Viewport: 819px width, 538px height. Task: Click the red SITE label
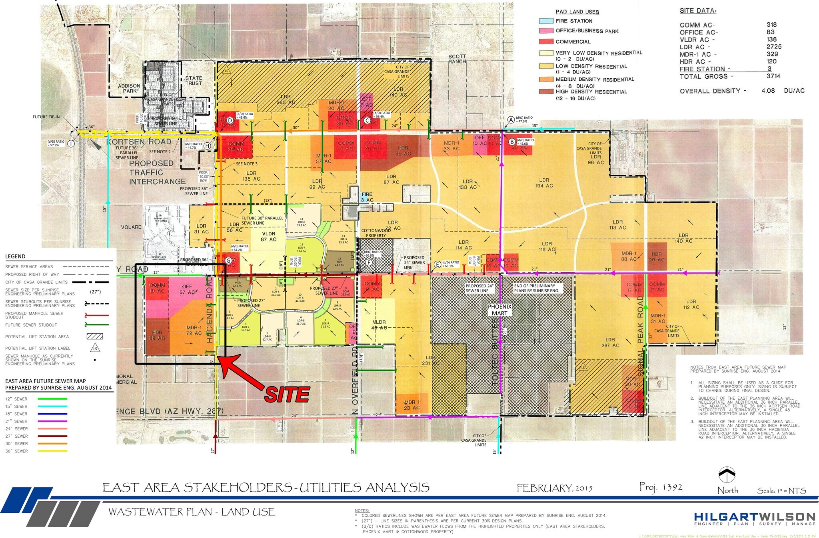287,395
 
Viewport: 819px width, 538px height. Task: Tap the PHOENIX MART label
499,310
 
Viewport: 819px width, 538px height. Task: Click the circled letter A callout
511,120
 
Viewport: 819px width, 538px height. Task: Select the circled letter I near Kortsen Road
71,143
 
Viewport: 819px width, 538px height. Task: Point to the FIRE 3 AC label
367,197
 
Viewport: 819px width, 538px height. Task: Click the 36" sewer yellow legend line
52,451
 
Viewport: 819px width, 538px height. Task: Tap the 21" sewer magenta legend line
52,421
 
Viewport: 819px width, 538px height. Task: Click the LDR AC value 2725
774,47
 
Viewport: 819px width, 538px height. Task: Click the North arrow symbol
727,475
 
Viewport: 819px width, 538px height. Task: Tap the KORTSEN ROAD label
138,142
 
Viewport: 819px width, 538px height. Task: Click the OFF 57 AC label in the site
187,289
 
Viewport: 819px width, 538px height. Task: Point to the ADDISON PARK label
129,88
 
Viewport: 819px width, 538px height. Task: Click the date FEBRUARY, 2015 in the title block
554,488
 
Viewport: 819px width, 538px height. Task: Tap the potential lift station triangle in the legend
95,348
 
